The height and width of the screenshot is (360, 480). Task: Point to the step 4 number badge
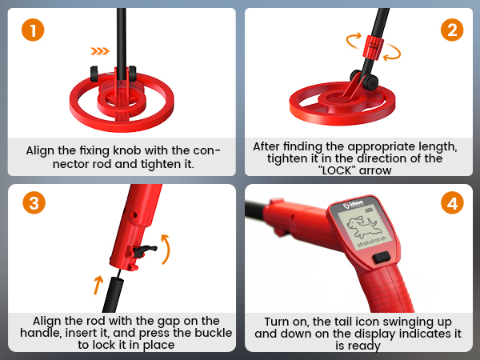pyautogui.click(x=451, y=202)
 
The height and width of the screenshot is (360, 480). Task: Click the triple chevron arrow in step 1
pyautogui.click(x=99, y=51)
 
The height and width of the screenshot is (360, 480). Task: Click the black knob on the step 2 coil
pyautogui.click(x=370, y=81)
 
